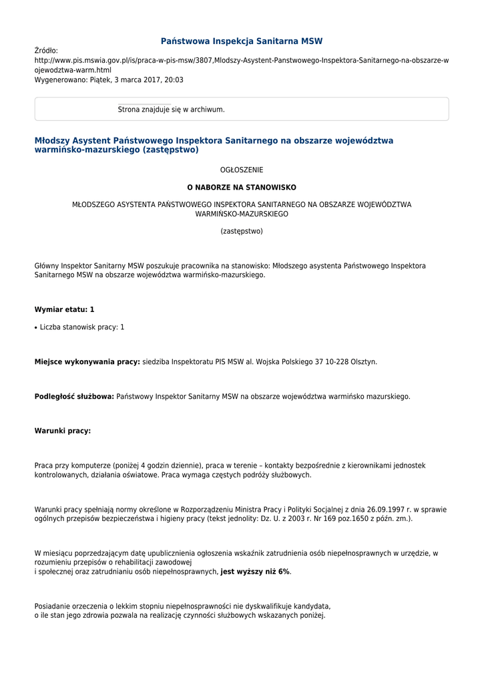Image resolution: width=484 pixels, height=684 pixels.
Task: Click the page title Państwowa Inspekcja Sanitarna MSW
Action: (x=242, y=41)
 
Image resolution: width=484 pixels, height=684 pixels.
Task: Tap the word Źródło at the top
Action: (x=46, y=51)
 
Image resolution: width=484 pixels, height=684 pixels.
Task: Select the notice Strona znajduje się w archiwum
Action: (x=171, y=110)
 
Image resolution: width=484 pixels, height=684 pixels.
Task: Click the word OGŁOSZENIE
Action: (x=242, y=170)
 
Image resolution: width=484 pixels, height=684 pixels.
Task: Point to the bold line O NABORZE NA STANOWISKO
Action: (x=242, y=188)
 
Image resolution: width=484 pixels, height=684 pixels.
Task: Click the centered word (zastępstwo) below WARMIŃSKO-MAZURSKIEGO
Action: (x=242, y=232)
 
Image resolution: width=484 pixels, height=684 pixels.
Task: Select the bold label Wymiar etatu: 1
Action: (x=64, y=310)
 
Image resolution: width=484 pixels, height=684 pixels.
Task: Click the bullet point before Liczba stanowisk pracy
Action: (x=36, y=328)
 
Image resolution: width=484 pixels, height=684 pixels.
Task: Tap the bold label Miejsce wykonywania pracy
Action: (x=87, y=362)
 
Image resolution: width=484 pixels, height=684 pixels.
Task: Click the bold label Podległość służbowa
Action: (x=74, y=397)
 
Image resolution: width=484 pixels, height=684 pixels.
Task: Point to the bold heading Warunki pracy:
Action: (x=62, y=432)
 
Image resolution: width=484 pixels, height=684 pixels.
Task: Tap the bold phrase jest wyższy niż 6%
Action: (x=255, y=572)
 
